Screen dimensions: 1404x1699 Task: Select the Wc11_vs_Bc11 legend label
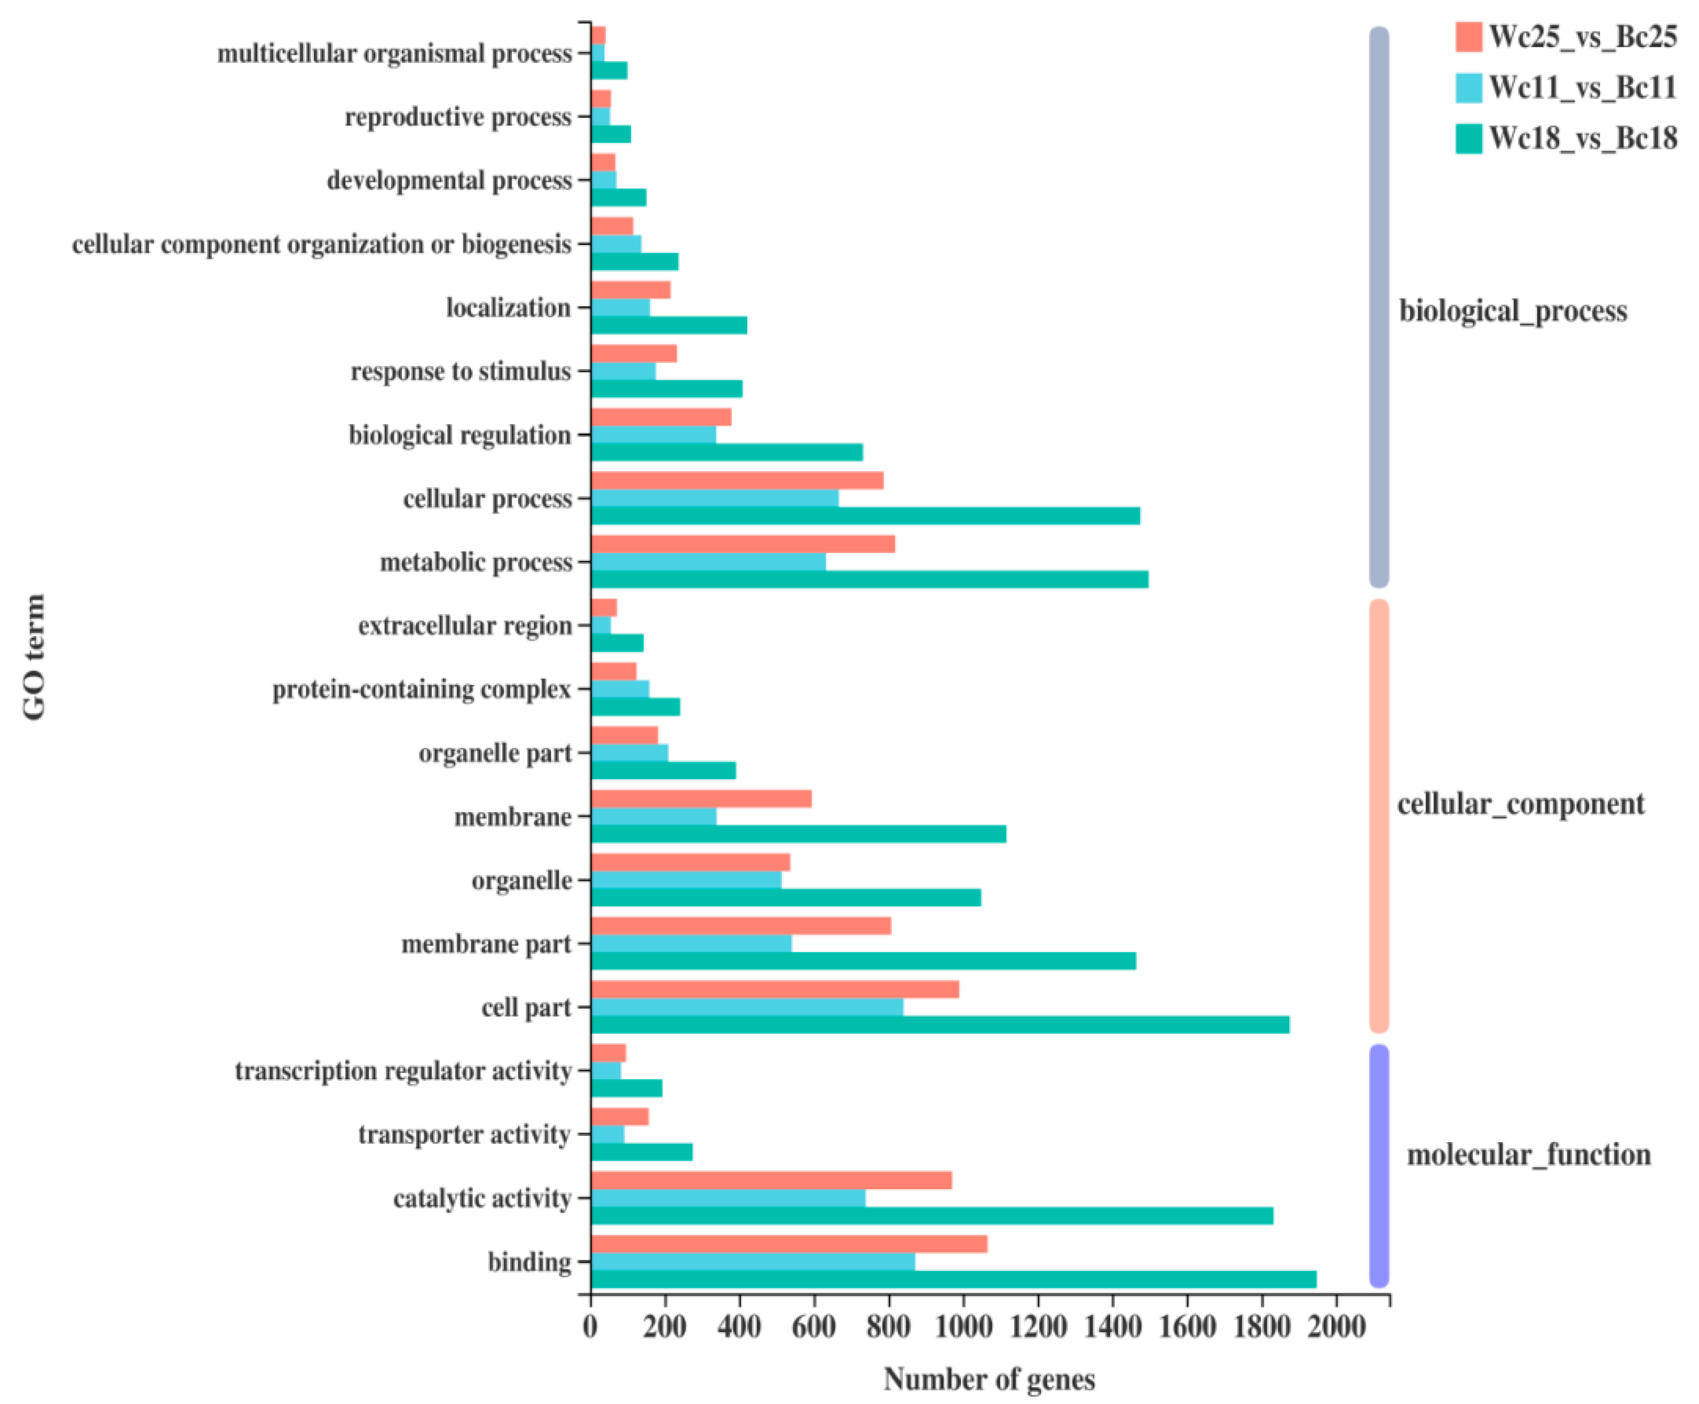(1583, 87)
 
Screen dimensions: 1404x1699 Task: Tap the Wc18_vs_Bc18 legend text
(1583, 138)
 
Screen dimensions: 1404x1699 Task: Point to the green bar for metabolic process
(869, 579)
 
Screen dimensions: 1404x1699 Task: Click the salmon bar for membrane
(701, 799)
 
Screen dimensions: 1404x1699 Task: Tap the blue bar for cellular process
(715, 498)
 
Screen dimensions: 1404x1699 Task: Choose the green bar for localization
(669, 325)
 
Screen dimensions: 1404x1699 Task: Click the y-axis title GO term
(34, 657)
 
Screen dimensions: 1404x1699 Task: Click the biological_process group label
(1512, 311)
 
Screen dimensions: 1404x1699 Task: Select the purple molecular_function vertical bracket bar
(1379, 1165)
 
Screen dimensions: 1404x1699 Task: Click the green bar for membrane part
(863, 961)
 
